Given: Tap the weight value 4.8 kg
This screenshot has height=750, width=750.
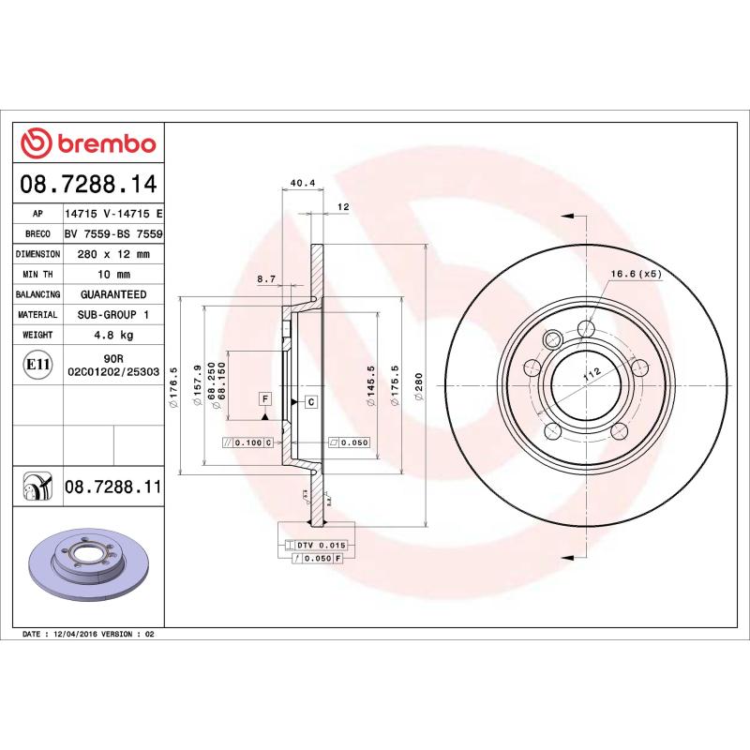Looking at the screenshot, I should (112, 335).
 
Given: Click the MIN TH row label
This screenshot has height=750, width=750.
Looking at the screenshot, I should (37, 275).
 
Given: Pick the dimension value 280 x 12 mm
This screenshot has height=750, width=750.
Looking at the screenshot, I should (112, 254).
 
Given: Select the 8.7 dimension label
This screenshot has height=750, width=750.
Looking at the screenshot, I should (265, 279).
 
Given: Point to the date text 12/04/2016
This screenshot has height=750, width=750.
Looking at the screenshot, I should (77, 635).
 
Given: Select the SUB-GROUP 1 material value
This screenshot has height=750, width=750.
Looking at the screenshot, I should (112, 315).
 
